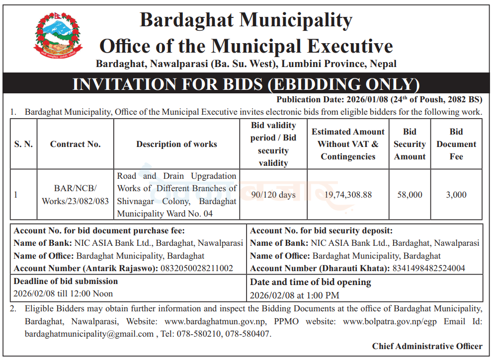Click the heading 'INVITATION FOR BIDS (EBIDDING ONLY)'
pos(246,84)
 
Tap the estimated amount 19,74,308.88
pos(348,195)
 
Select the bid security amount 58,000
pos(410,195)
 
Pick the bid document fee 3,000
pos(456,195)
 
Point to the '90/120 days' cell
pos(273,195)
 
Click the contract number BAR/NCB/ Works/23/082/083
pos(75,195)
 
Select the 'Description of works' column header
pos(176,144)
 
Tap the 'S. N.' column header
pos(23,144)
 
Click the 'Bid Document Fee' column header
pos(456,144)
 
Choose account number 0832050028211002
pos(196,268)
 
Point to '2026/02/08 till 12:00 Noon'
pos(63,293)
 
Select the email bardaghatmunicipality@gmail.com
pos(89,334)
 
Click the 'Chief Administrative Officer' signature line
pos(427,346)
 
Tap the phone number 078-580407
pos(248,334)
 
